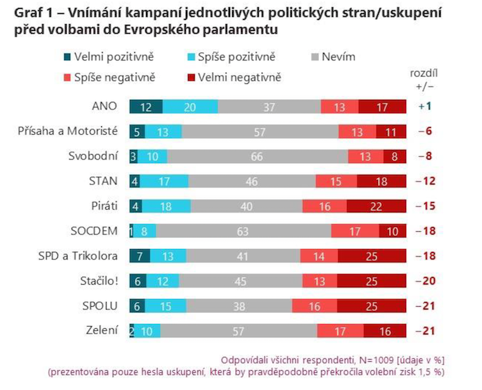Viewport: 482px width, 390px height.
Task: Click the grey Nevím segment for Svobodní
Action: pos(256,156)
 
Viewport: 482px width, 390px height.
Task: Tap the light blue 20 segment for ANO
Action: pos(190,106)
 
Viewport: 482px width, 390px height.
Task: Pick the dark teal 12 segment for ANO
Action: pos(146,106)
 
